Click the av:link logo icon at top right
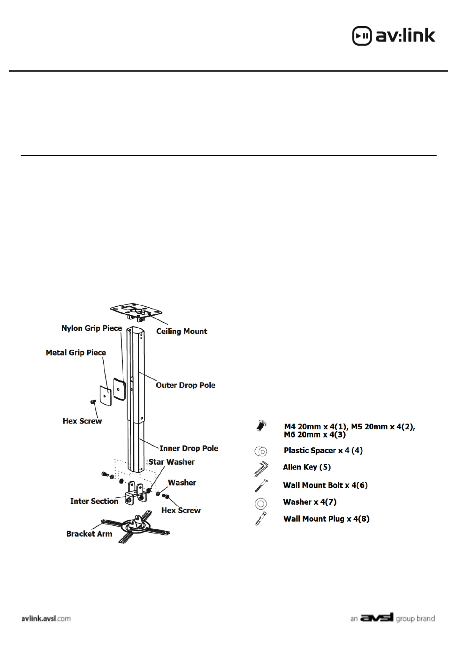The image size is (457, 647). [x=362, y=36]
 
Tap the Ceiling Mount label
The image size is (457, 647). [x=181, y=331]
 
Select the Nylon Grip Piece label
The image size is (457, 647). [x=92, y=328]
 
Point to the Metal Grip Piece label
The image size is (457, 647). [x=76, y=352]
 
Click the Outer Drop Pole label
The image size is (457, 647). [x=185, y=385]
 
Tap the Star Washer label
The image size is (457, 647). [x=171, y=462]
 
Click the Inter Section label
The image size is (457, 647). [x=94, y=501]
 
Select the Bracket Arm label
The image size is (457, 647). [x=89, y=534]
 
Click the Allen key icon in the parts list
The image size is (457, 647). [x=261, y=469]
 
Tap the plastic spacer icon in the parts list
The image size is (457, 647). [x=261, y=451]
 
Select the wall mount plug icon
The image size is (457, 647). [x=261, y=519]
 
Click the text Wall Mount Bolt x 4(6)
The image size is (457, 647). [x=325, y=485]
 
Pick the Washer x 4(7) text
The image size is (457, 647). [x=310, y=502]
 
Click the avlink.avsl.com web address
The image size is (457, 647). [x=46, y=618]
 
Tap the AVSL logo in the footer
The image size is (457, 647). [x=377, y=618]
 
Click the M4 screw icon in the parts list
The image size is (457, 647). [x=261, y=426]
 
